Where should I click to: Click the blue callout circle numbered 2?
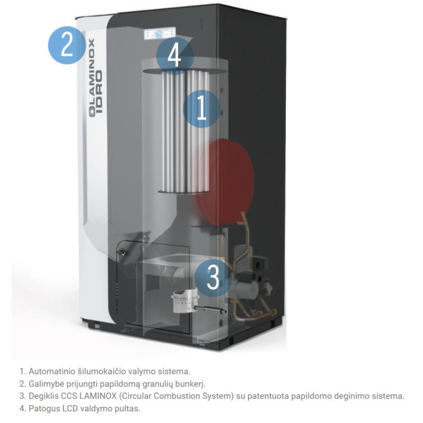click(67, 45)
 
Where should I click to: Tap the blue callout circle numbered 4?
click(175, 56)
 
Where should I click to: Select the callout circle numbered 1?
click(202, 109)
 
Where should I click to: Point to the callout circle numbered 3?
click(213, 277)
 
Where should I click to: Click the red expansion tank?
click(224, 182)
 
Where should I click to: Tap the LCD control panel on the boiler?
click(160, 34)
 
